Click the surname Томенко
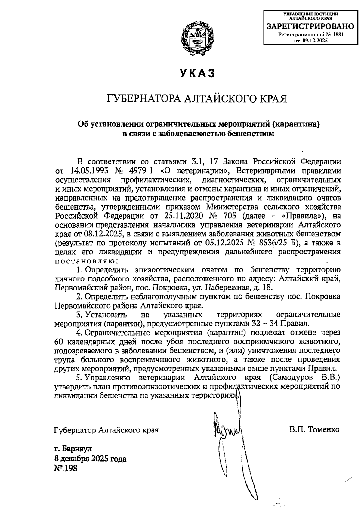[x=323, y=429]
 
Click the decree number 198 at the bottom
[x=72, y=468]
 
